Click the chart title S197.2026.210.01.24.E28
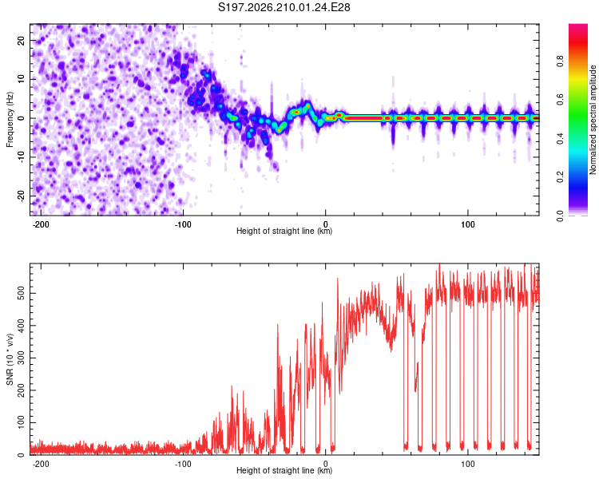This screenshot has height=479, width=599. click(284, 7)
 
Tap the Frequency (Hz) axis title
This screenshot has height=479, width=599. click(10, 120)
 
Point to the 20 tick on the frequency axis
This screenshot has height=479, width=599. click(21, 40)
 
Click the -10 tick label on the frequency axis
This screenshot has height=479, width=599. click(21, 156)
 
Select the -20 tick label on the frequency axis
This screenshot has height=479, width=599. click(21, 196)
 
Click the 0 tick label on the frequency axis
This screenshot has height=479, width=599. click(21, 118)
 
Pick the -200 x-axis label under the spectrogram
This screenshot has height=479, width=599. click(40, 224)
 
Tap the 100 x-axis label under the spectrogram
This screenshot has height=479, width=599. click(467, 224)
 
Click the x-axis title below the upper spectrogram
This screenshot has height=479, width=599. click(284, 231)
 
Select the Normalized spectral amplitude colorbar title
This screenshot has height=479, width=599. click(593, 120)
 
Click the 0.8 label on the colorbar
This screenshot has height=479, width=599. click(560, 61)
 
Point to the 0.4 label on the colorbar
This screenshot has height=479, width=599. click(560, 139)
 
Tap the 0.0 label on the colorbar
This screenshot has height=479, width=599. click(560, 216)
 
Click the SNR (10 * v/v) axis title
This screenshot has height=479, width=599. click(10, 359)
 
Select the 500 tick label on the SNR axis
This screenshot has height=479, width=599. click(21, 293)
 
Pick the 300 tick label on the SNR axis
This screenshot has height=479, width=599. click(21, 358)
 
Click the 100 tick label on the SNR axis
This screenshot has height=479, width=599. click(21, 422)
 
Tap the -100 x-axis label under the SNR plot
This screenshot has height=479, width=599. click(183, 464)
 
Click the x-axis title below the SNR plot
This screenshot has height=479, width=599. click(284, 470)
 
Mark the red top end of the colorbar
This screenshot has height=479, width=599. click(578, 26)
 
